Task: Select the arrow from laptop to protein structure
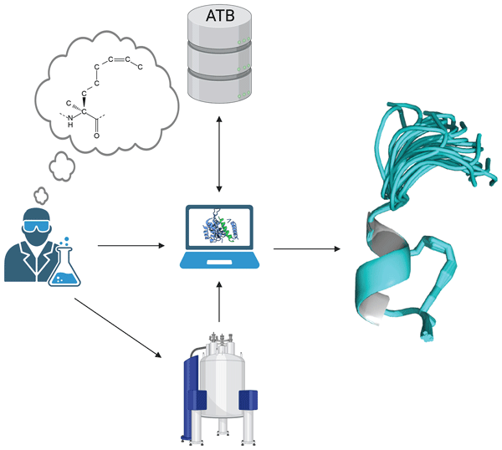(305, 248)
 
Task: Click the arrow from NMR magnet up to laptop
(219, 304)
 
